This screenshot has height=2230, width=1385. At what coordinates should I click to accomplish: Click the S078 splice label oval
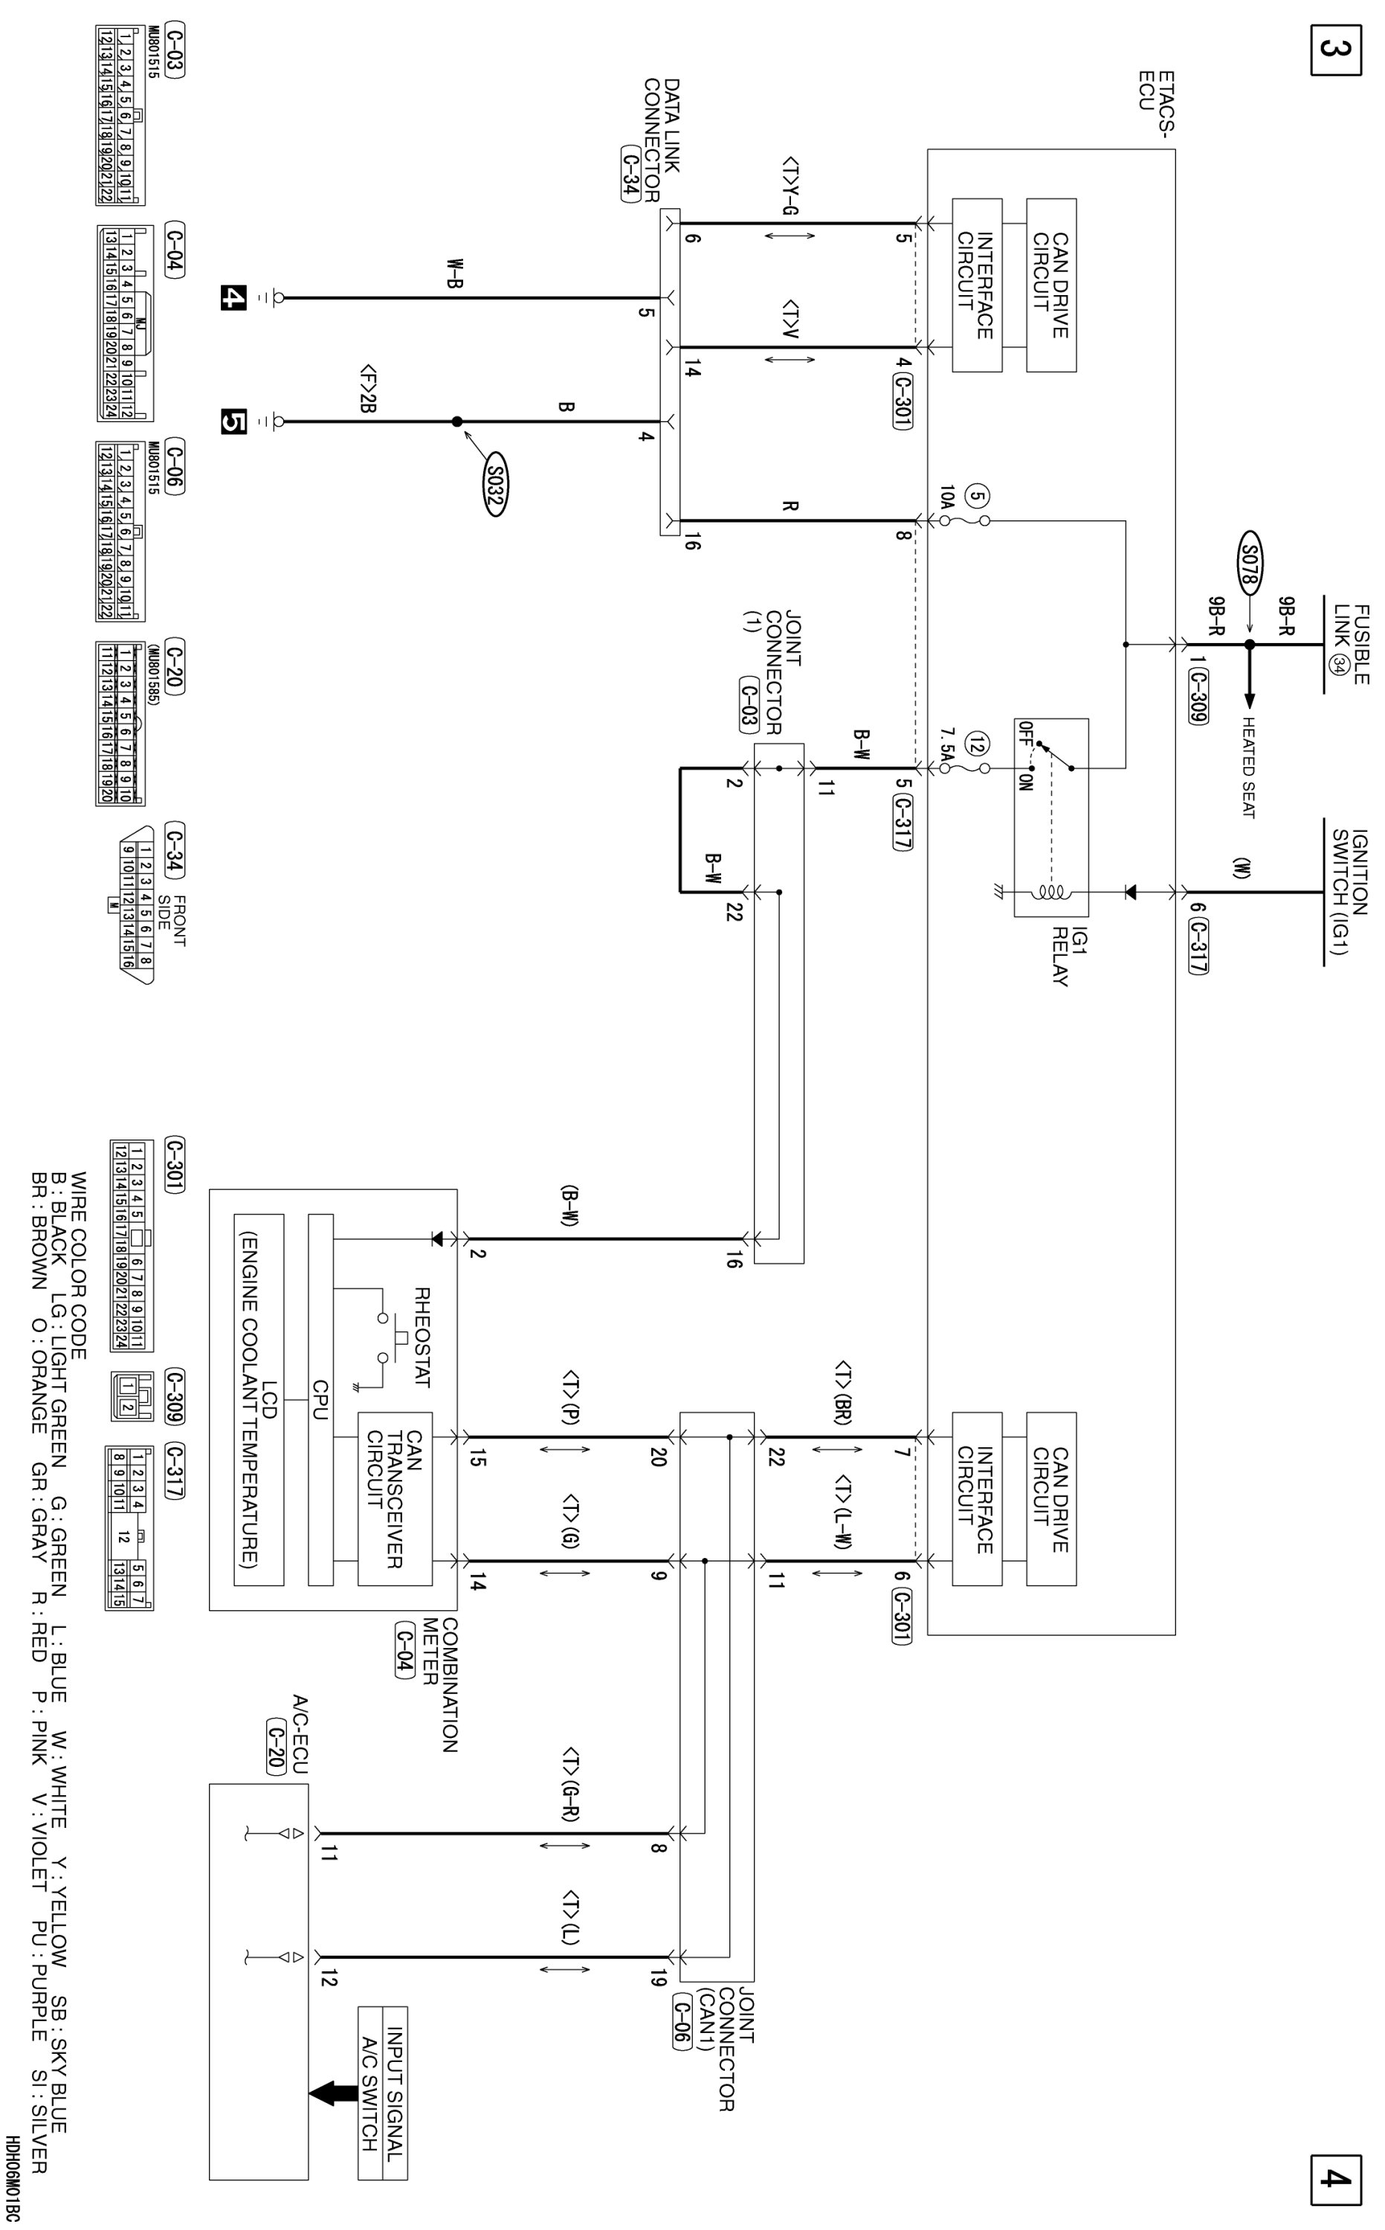[1250, 560]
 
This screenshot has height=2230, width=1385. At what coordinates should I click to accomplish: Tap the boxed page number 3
[1334, 52]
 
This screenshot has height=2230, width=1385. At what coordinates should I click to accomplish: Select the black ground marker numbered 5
[233, 421]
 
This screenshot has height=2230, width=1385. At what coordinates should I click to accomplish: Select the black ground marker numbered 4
[233, 297]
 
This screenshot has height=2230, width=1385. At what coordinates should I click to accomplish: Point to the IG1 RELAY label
[1059, 955]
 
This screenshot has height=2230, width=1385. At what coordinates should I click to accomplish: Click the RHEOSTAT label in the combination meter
[422, 1337]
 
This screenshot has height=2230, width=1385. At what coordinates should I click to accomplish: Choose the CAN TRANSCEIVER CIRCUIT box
[395, 1499]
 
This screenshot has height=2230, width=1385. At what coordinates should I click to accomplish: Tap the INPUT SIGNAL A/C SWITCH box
[382, 2092]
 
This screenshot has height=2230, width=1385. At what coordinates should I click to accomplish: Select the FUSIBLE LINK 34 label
[1351, 643]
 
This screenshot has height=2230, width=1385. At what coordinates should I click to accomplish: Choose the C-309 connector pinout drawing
[131, 1397]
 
